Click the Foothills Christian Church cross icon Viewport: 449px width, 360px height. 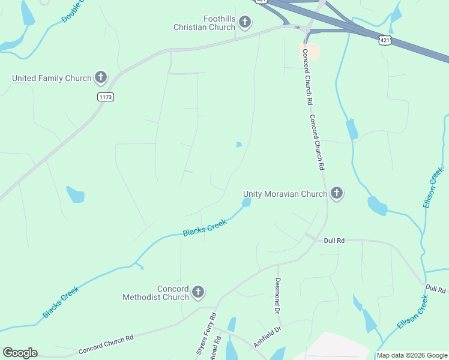(x=244, y=23)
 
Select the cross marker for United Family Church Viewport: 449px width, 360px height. (x=101, y=77)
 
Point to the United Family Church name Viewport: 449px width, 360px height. (x=52, y=78)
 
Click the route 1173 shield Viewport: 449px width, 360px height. (x=105, y=97)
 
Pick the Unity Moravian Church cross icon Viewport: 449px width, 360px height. (x=337, y=193)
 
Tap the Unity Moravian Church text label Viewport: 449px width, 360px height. (x=285, y=194)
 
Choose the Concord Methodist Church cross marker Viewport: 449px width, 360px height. (x=198, y=293)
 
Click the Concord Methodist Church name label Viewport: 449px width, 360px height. (x=155, y=293)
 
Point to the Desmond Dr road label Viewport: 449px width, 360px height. (x=278, y=295)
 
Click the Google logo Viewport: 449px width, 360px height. (x=20, y=353)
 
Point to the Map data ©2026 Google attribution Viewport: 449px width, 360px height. (x=412, y=355)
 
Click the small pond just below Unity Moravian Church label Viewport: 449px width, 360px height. (x=246, y=203)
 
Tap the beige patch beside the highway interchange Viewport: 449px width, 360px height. (x=310, y=52)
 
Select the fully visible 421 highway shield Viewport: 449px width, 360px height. (x=385, y=40)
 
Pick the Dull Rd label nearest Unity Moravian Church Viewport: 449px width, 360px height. (x=334, y=241)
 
